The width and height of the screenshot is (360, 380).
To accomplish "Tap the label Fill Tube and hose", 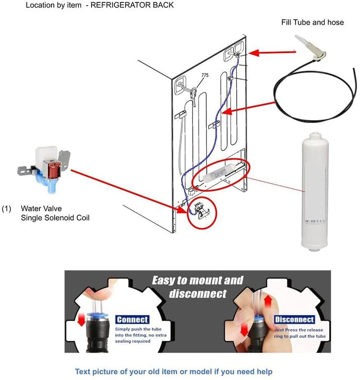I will (x=312, y=23).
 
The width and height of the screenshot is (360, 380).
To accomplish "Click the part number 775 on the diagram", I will (x=205, y=75).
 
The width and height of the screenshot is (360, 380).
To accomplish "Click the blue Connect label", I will (x=132, y=319).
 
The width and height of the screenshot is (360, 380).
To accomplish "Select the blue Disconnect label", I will (x=295, y=319).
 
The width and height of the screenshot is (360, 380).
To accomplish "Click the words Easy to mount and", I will (x=197, y=281).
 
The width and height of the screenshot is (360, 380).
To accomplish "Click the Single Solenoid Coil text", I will (x=55, y=218).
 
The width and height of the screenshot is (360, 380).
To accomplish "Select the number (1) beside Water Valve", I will (x=6, y=209).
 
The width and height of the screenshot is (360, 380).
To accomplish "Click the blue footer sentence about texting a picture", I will (x=173, y=371).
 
